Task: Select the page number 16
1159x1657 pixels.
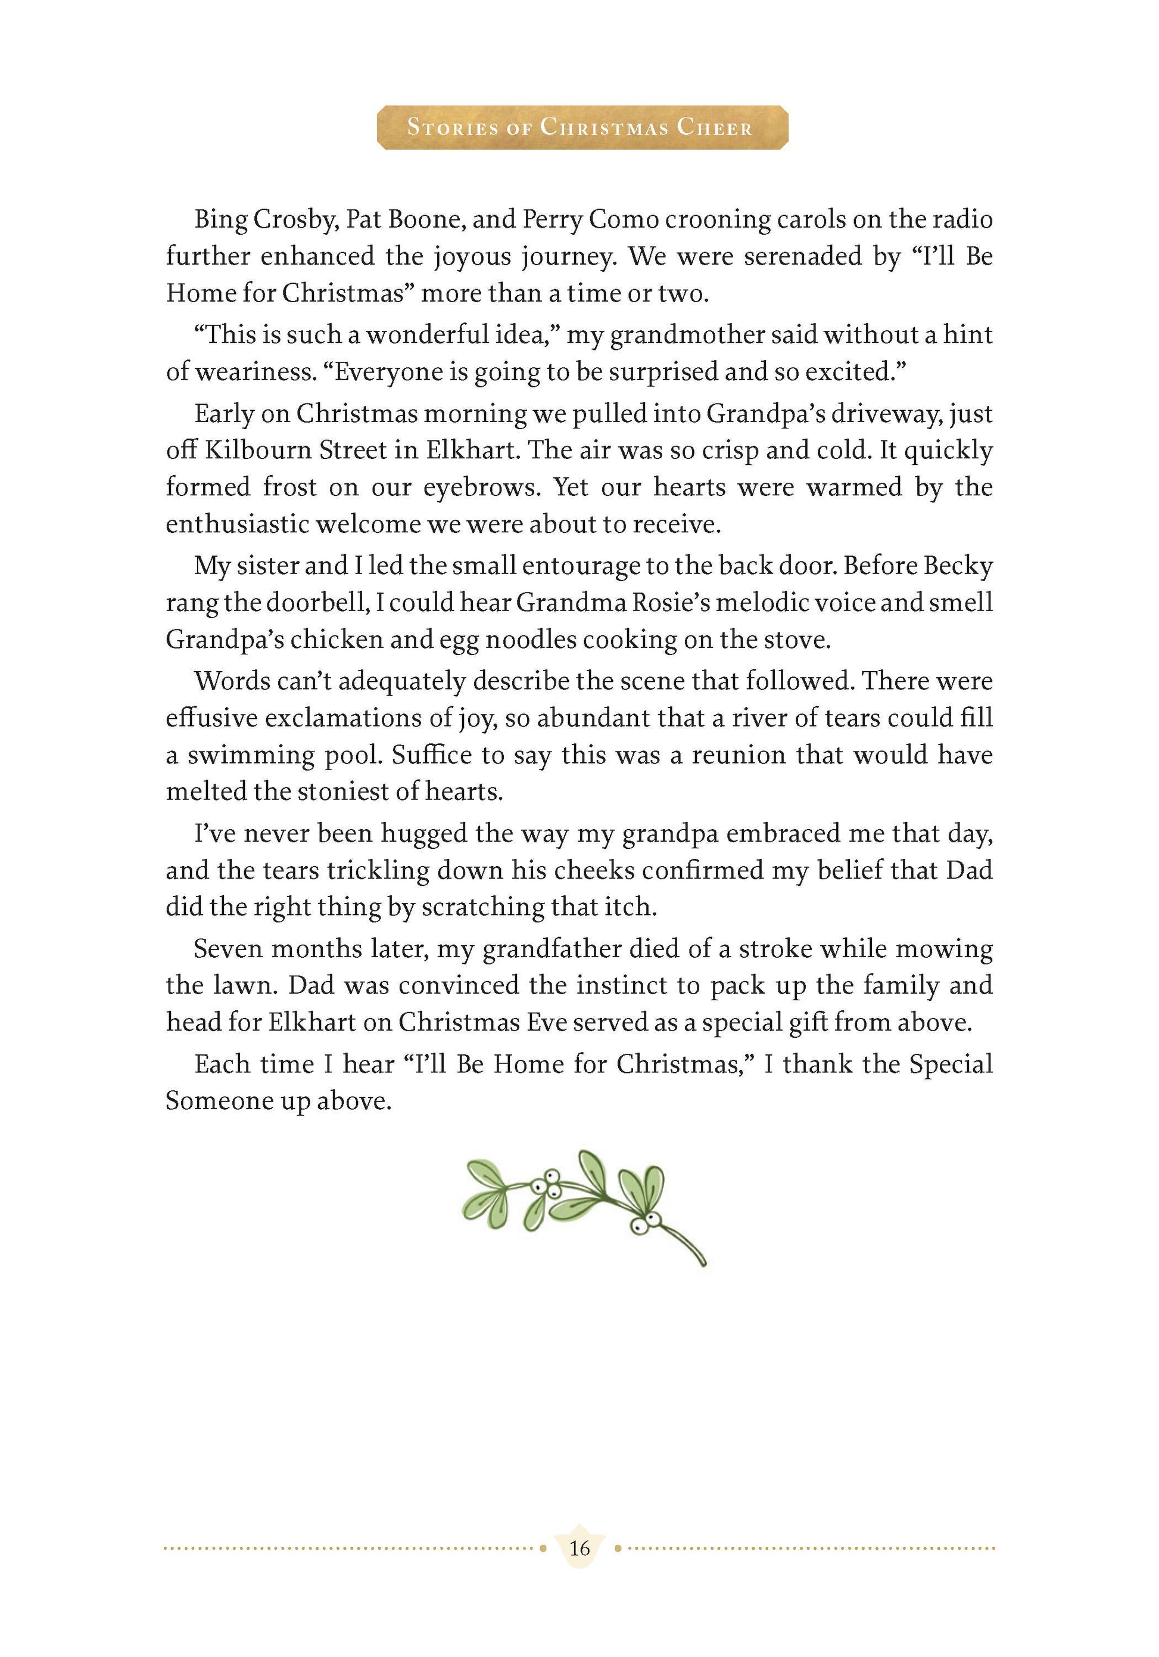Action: (579, 1547)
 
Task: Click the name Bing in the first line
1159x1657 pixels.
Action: (221, 219)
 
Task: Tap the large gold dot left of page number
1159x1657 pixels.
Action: (543, 1548)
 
